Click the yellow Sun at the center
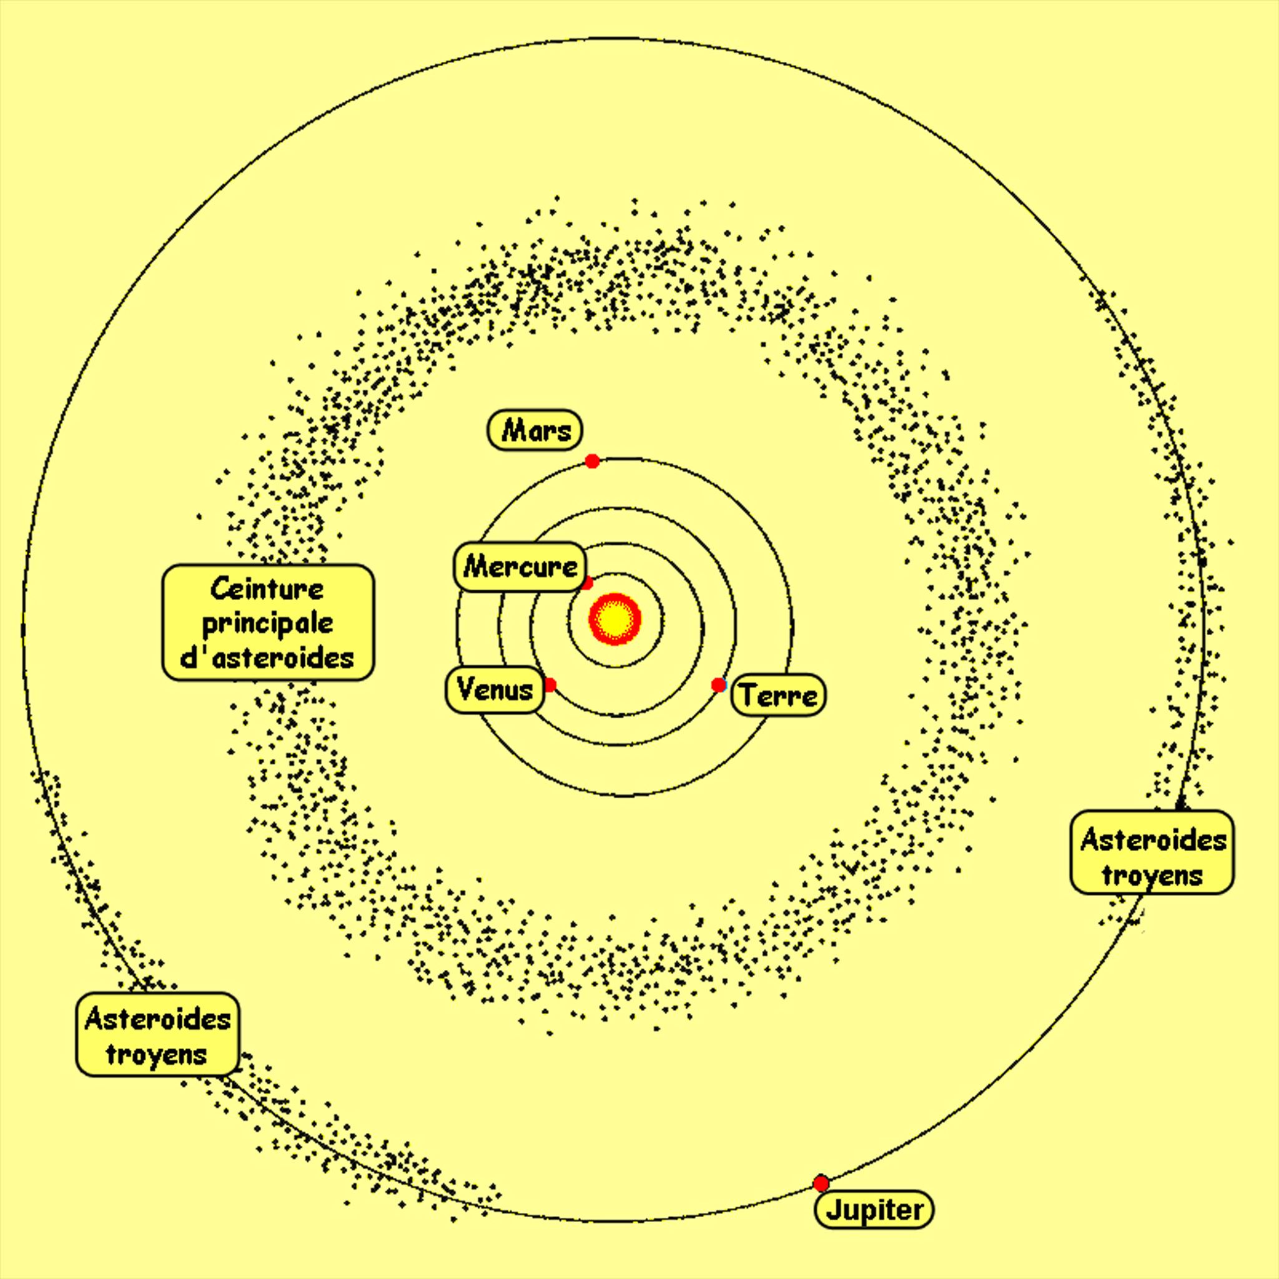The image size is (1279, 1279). coord(615,618)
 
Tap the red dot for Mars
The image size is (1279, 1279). coord(593,461)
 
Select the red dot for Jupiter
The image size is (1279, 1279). coord(821,1183)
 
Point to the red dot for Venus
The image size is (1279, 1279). coord(550,685)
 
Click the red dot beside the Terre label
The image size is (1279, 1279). coord(718,685)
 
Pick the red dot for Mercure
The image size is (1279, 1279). coord(586,583)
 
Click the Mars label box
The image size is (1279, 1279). coord(535,430)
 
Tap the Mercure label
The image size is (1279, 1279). coord(520,566)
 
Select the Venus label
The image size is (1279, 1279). coord(495,690)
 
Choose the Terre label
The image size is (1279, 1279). coord(779,695)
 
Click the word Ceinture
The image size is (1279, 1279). coord(267,588)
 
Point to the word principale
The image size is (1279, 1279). coord(267,623)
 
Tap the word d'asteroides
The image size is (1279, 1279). coord(267,658)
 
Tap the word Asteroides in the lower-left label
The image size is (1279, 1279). coord(157,1019)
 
